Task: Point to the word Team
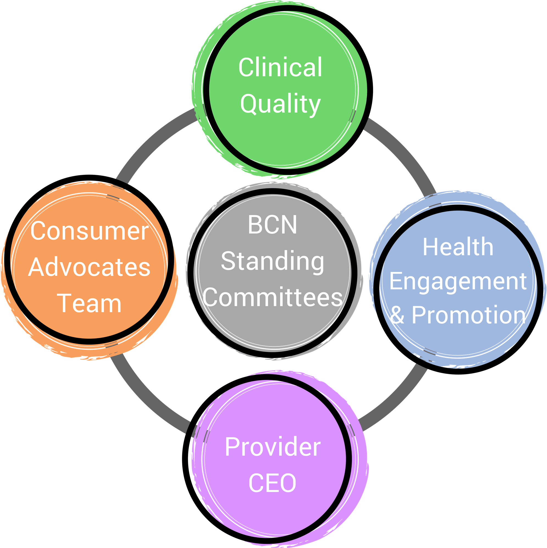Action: pos(89,304)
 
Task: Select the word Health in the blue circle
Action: pos(458,247)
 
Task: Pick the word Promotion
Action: pos(468,315)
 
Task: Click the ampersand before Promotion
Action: pos(397,315)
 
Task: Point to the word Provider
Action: pos(272,447)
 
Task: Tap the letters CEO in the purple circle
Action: pos(272,483)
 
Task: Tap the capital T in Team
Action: pos(65,304)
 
